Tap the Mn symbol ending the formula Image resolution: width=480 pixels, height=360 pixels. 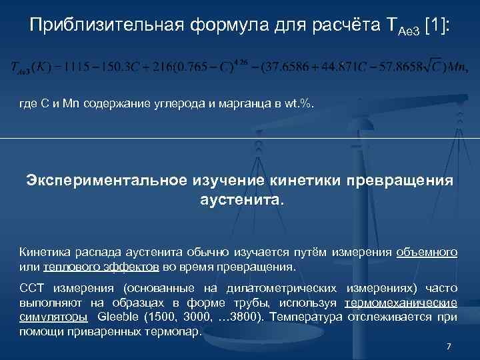tap(457, 67)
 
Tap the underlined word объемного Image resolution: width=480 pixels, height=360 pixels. tap(427, 252)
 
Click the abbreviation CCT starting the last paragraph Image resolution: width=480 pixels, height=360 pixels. tap(31, 288)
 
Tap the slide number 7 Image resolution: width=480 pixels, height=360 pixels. tap(449, 347)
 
